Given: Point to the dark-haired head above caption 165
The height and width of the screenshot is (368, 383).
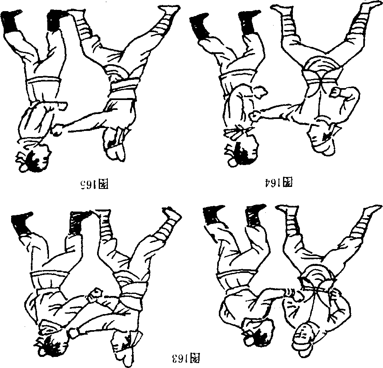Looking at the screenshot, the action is (33, 158).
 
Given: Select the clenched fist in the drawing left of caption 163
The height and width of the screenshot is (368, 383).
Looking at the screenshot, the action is (96, 294).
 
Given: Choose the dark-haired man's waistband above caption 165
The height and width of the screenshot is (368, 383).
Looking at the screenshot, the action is (44, 82).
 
